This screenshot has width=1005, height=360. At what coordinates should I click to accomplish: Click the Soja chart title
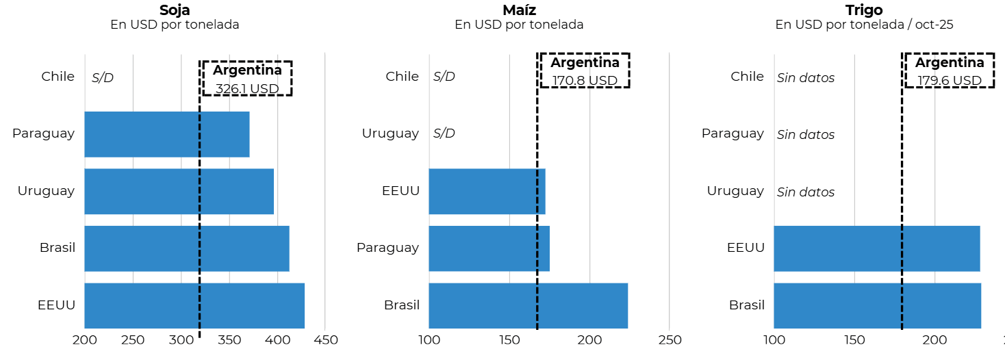pyautogui.click(x=175, y=10)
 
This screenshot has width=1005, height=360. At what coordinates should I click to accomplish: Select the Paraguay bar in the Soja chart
pyautogui.click(x=166, y=134)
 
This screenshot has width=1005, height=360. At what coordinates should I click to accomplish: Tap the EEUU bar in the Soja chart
pyautogui.click(x=194, y=305)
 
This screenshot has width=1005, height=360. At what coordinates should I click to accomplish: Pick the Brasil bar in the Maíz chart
pyautogui.click(x=528, y=305)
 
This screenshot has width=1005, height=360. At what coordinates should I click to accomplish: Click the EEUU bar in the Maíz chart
pyautogui.click(x=487, y=191)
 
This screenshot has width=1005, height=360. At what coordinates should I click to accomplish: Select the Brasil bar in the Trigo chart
pyautogui.click(x=877, y=305)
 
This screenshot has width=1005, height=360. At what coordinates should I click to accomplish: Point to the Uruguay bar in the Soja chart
pyautogui.click(x=179, y=191)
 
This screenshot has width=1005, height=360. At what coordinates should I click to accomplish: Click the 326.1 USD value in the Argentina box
pyautogui.click(x=247, y=88)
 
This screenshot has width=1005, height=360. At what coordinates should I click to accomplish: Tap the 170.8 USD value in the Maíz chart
pyautogui.click(x=585, y=80)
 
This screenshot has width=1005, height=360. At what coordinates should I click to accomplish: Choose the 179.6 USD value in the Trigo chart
pyautogui.click(x=949, y=80)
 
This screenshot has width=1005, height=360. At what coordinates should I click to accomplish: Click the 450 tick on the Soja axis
pyautogui.click(x=325, y=340)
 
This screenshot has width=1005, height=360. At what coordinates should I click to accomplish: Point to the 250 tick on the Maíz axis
pyautogui.click(x=670, y=340)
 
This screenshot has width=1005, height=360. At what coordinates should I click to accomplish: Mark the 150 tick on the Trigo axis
pyautogui.click(x=854, y=340)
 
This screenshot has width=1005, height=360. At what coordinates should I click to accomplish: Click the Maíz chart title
pyautogui.click(x=519, y=10)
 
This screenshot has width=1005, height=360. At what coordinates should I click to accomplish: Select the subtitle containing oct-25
pyautogui.click(x=864, y=25)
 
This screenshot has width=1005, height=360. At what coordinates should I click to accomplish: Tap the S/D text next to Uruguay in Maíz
pyautogui.click(x=444, y=133)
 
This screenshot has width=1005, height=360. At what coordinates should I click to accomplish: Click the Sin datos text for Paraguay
pyautogui.click(x=806, y=135)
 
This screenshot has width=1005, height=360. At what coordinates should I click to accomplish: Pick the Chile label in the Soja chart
pyautogui.click(x=58, y=77)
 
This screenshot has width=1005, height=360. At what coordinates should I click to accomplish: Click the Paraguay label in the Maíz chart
pyautogui.click(x=387, y=248)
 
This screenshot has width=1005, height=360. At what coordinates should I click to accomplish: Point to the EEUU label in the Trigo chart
pyautogui.click(x=746, y=248)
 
